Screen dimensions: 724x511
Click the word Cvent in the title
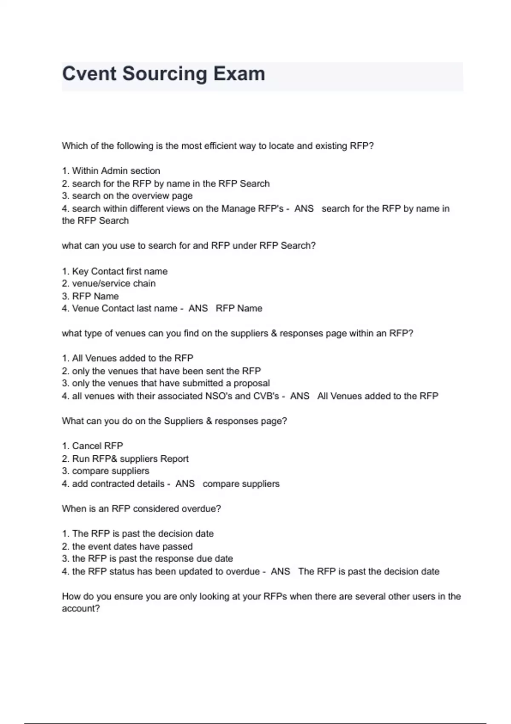[89, 74]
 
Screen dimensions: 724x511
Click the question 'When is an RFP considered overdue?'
[141, 509]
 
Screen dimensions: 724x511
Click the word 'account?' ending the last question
[81, 609]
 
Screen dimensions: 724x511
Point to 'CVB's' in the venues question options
[266, 396]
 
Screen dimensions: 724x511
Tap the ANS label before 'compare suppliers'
[185, 484]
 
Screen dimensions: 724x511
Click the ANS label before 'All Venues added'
[299, 396]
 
